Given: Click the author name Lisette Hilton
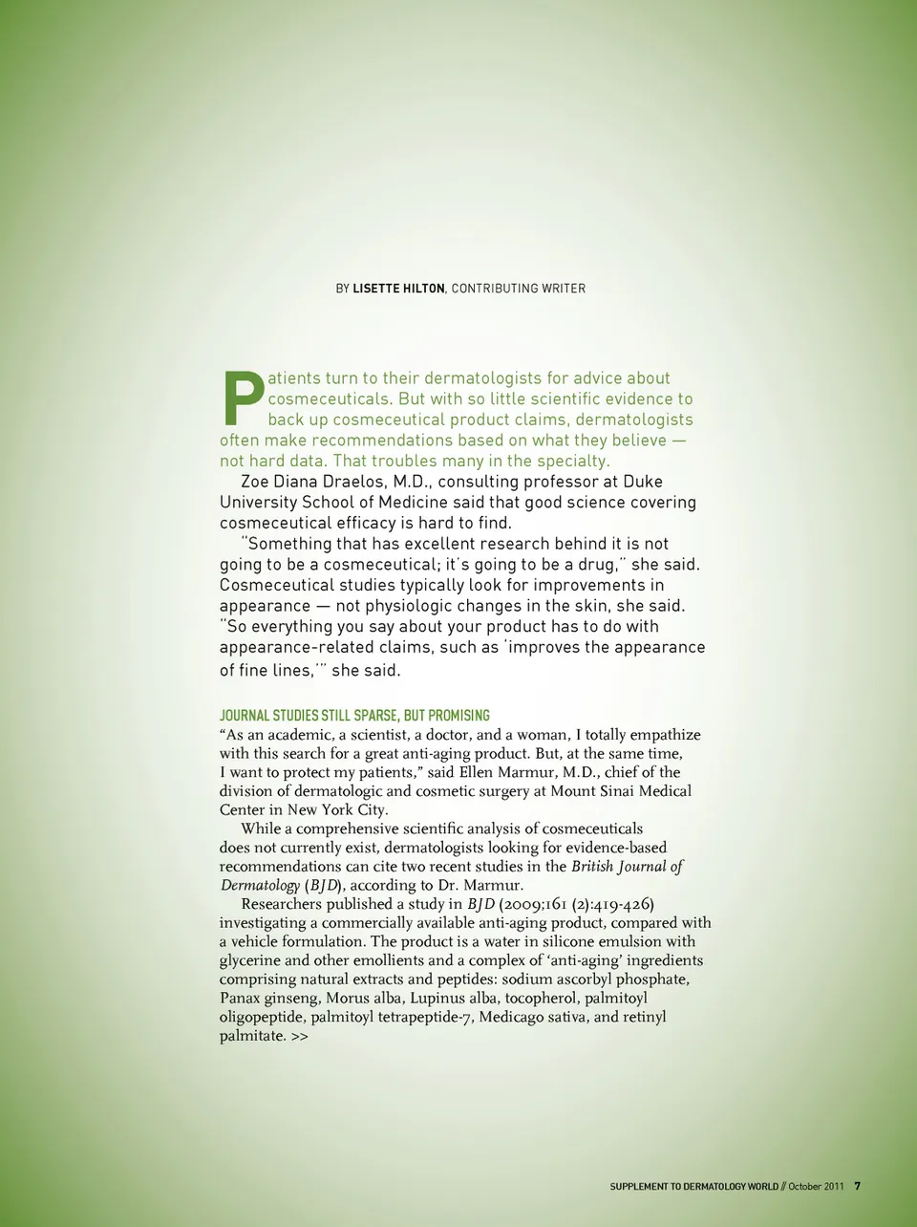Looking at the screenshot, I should click(x=398, y=289).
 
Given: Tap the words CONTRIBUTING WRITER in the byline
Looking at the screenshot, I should click(x=519, y=289).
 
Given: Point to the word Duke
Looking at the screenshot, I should click(x=642, y=482).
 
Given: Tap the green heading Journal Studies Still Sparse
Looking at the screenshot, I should click(x=354, y=715).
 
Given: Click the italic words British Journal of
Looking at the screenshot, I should click(x=627, y=867).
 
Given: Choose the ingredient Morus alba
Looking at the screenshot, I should click(x=362, y=998).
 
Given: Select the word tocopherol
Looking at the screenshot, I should click(x=541, y=998).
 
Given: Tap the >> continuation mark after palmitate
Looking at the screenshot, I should click(x=300, y=1036).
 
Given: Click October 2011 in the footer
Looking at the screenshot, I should click(x=816, y=1187).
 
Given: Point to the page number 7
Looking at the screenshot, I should click(x=857, y=1187).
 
